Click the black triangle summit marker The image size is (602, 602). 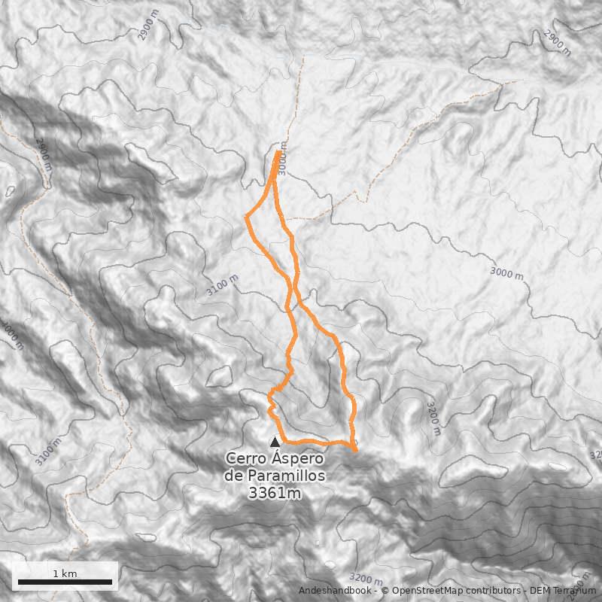tap(275, 442)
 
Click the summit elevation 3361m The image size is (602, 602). tap(275, 494)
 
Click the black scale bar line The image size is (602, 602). tap(65, 582)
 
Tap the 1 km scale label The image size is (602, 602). tap(65, 573)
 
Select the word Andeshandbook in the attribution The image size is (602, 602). tap(335, 591)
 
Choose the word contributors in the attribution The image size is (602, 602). tap(494, 591)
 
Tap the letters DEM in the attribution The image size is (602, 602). tap(540, 591)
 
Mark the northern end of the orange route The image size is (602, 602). tap(279, 152)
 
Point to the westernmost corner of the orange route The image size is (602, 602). tap(246, 217)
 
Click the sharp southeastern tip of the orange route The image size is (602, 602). tap(356, 451)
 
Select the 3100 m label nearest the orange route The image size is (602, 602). tap(222, 286)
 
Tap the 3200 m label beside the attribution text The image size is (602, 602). tap(366, 579)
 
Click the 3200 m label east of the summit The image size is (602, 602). tap(433, 418)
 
